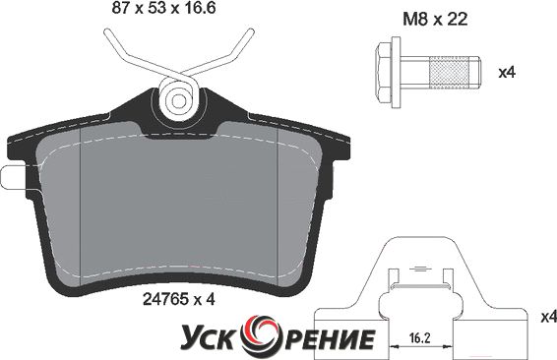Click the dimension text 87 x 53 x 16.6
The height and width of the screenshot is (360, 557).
[x=163, y=8]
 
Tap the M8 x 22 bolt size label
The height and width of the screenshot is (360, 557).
[x=435, y=19]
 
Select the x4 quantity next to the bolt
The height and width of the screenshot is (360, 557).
[x=507, y=73]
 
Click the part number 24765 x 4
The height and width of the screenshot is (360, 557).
[x=179, y=299]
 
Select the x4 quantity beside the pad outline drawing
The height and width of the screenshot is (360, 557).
[x=548, y=317]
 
